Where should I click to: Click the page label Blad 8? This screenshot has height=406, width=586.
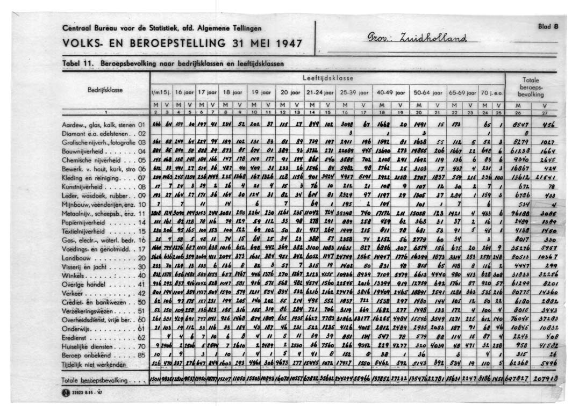(x=548, y=25)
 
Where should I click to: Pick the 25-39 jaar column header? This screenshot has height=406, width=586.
(x=353, y=92)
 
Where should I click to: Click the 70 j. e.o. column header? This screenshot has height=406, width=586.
(x=491, y=92)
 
